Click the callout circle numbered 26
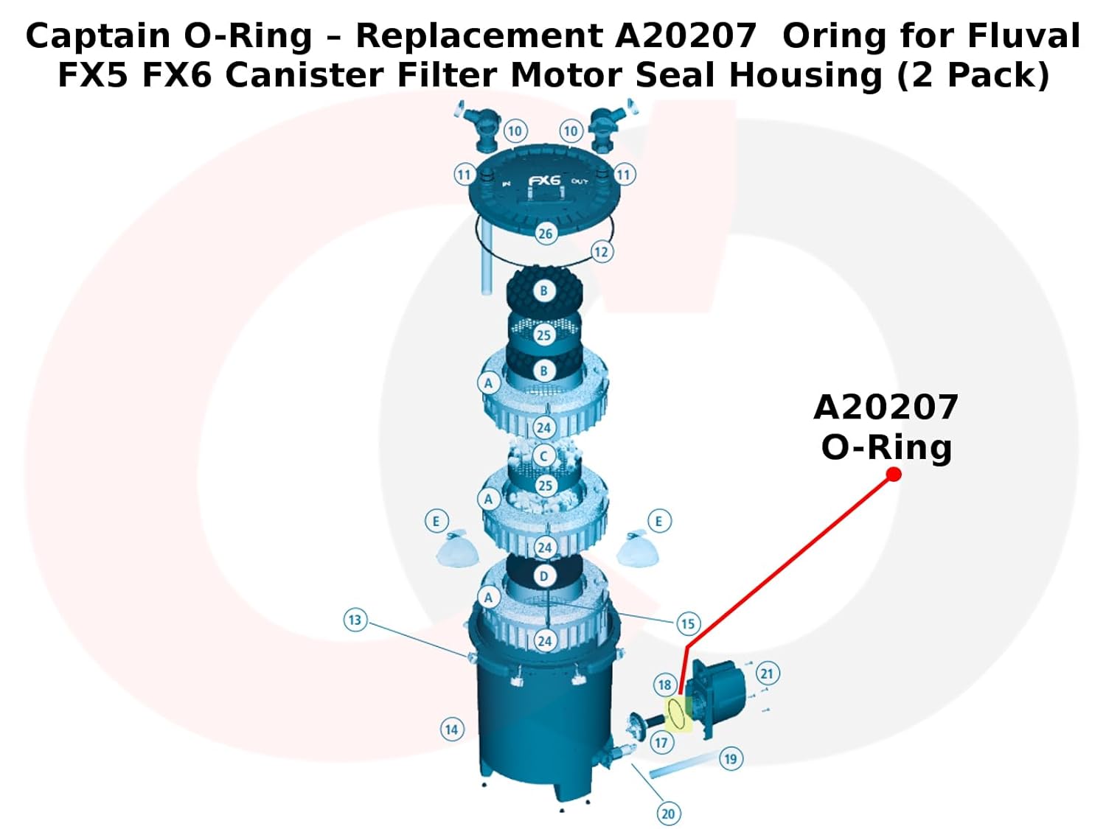(545, 234)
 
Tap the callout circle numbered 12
(601, 252)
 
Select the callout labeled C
(543, 456)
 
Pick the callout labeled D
(543, 576)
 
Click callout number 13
(355, 620)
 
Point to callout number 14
(451, 730)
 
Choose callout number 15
(688, 624)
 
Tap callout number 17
(661, 743)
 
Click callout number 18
(664, 685)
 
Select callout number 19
(730, 758)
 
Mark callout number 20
(668, 814)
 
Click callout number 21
(767, 674)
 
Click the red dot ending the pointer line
(894, 474)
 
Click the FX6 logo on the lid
(544, 181)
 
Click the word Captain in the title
(98, 36)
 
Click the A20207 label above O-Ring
(886, 407)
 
